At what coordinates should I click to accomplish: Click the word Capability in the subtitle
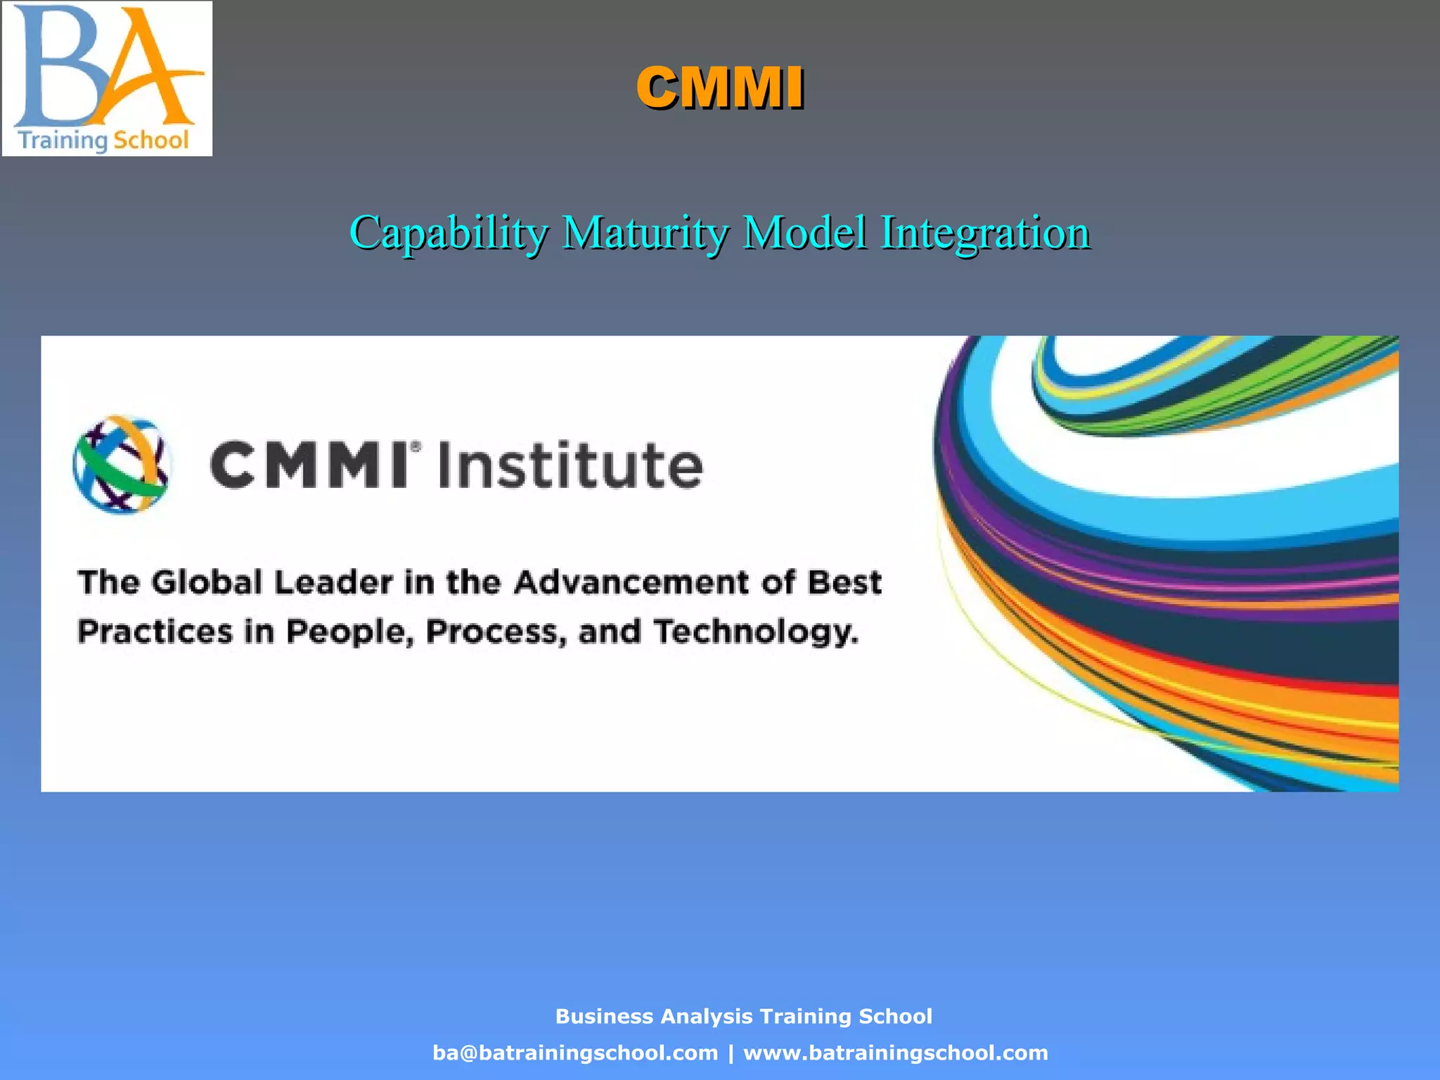click(x=449, y=233)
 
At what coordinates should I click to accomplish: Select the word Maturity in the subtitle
click(x=645, y=233)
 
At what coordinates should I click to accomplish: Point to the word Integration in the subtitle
click(x=985, y=233)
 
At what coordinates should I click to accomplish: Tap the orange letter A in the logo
click(x=141, y=70)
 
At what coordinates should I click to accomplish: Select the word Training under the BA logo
click(x=62, y=141)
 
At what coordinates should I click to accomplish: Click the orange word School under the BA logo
click(x=151, y=140)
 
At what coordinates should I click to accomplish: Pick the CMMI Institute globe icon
click(x=121, y=464)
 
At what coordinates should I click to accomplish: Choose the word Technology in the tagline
click(x=756, y=631)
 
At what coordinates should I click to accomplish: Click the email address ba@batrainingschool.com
click(x=575, y=1053)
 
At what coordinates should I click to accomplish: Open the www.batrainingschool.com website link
click(x=896, y=1053)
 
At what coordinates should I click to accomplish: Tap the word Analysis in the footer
click(x=707, y=1016)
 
